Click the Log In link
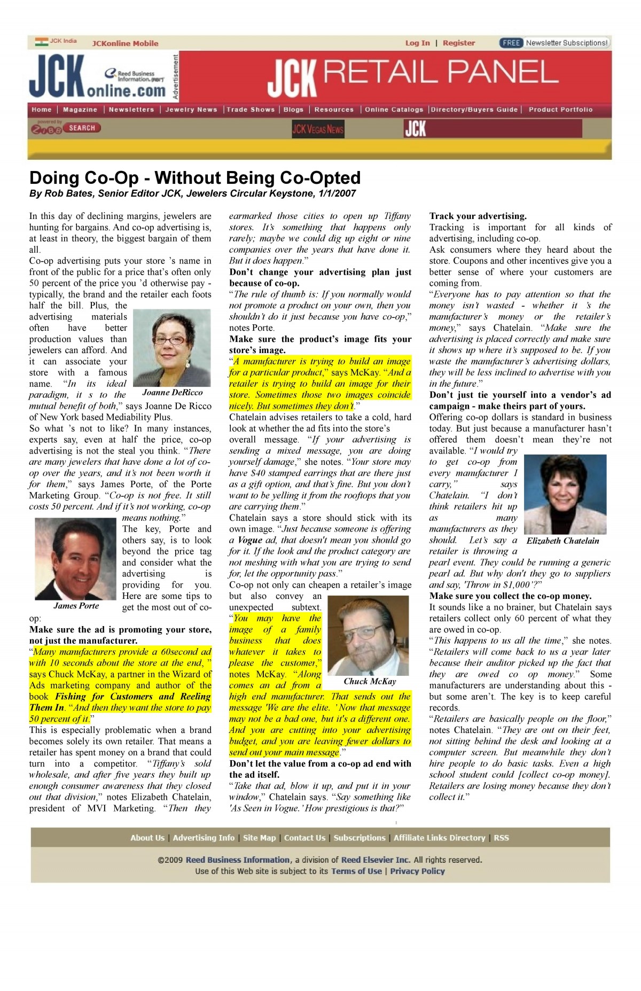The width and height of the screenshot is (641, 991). [x=417, y=43]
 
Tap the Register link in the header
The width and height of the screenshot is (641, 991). [x=458, y=43]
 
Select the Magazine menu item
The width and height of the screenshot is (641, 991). [x=80, y=110]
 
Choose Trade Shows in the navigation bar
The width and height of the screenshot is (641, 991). [x=251, y=110]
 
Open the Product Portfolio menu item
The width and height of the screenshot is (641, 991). [x=560, y=110]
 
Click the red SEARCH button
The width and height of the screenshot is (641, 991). [x=82, y=128]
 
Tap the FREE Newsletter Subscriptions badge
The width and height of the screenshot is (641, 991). [x=555, y=43]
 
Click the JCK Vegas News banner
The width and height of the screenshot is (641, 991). [x=318, y=129]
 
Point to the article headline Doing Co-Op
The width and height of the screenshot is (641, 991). [x=195, y=177]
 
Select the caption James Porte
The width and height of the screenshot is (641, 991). [x=76, y=605]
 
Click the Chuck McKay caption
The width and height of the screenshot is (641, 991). [x=370, y=681]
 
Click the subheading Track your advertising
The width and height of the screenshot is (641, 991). [x=478, y=216]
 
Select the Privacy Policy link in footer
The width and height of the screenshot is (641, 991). [x=417, y=871]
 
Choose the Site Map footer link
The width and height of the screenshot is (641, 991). [x=259, y=838]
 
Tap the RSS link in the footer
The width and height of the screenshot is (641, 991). [x=501, y=838]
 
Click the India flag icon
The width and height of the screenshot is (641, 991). [x=41, y=41]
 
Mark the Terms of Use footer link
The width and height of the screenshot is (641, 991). [x=356, y=871]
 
